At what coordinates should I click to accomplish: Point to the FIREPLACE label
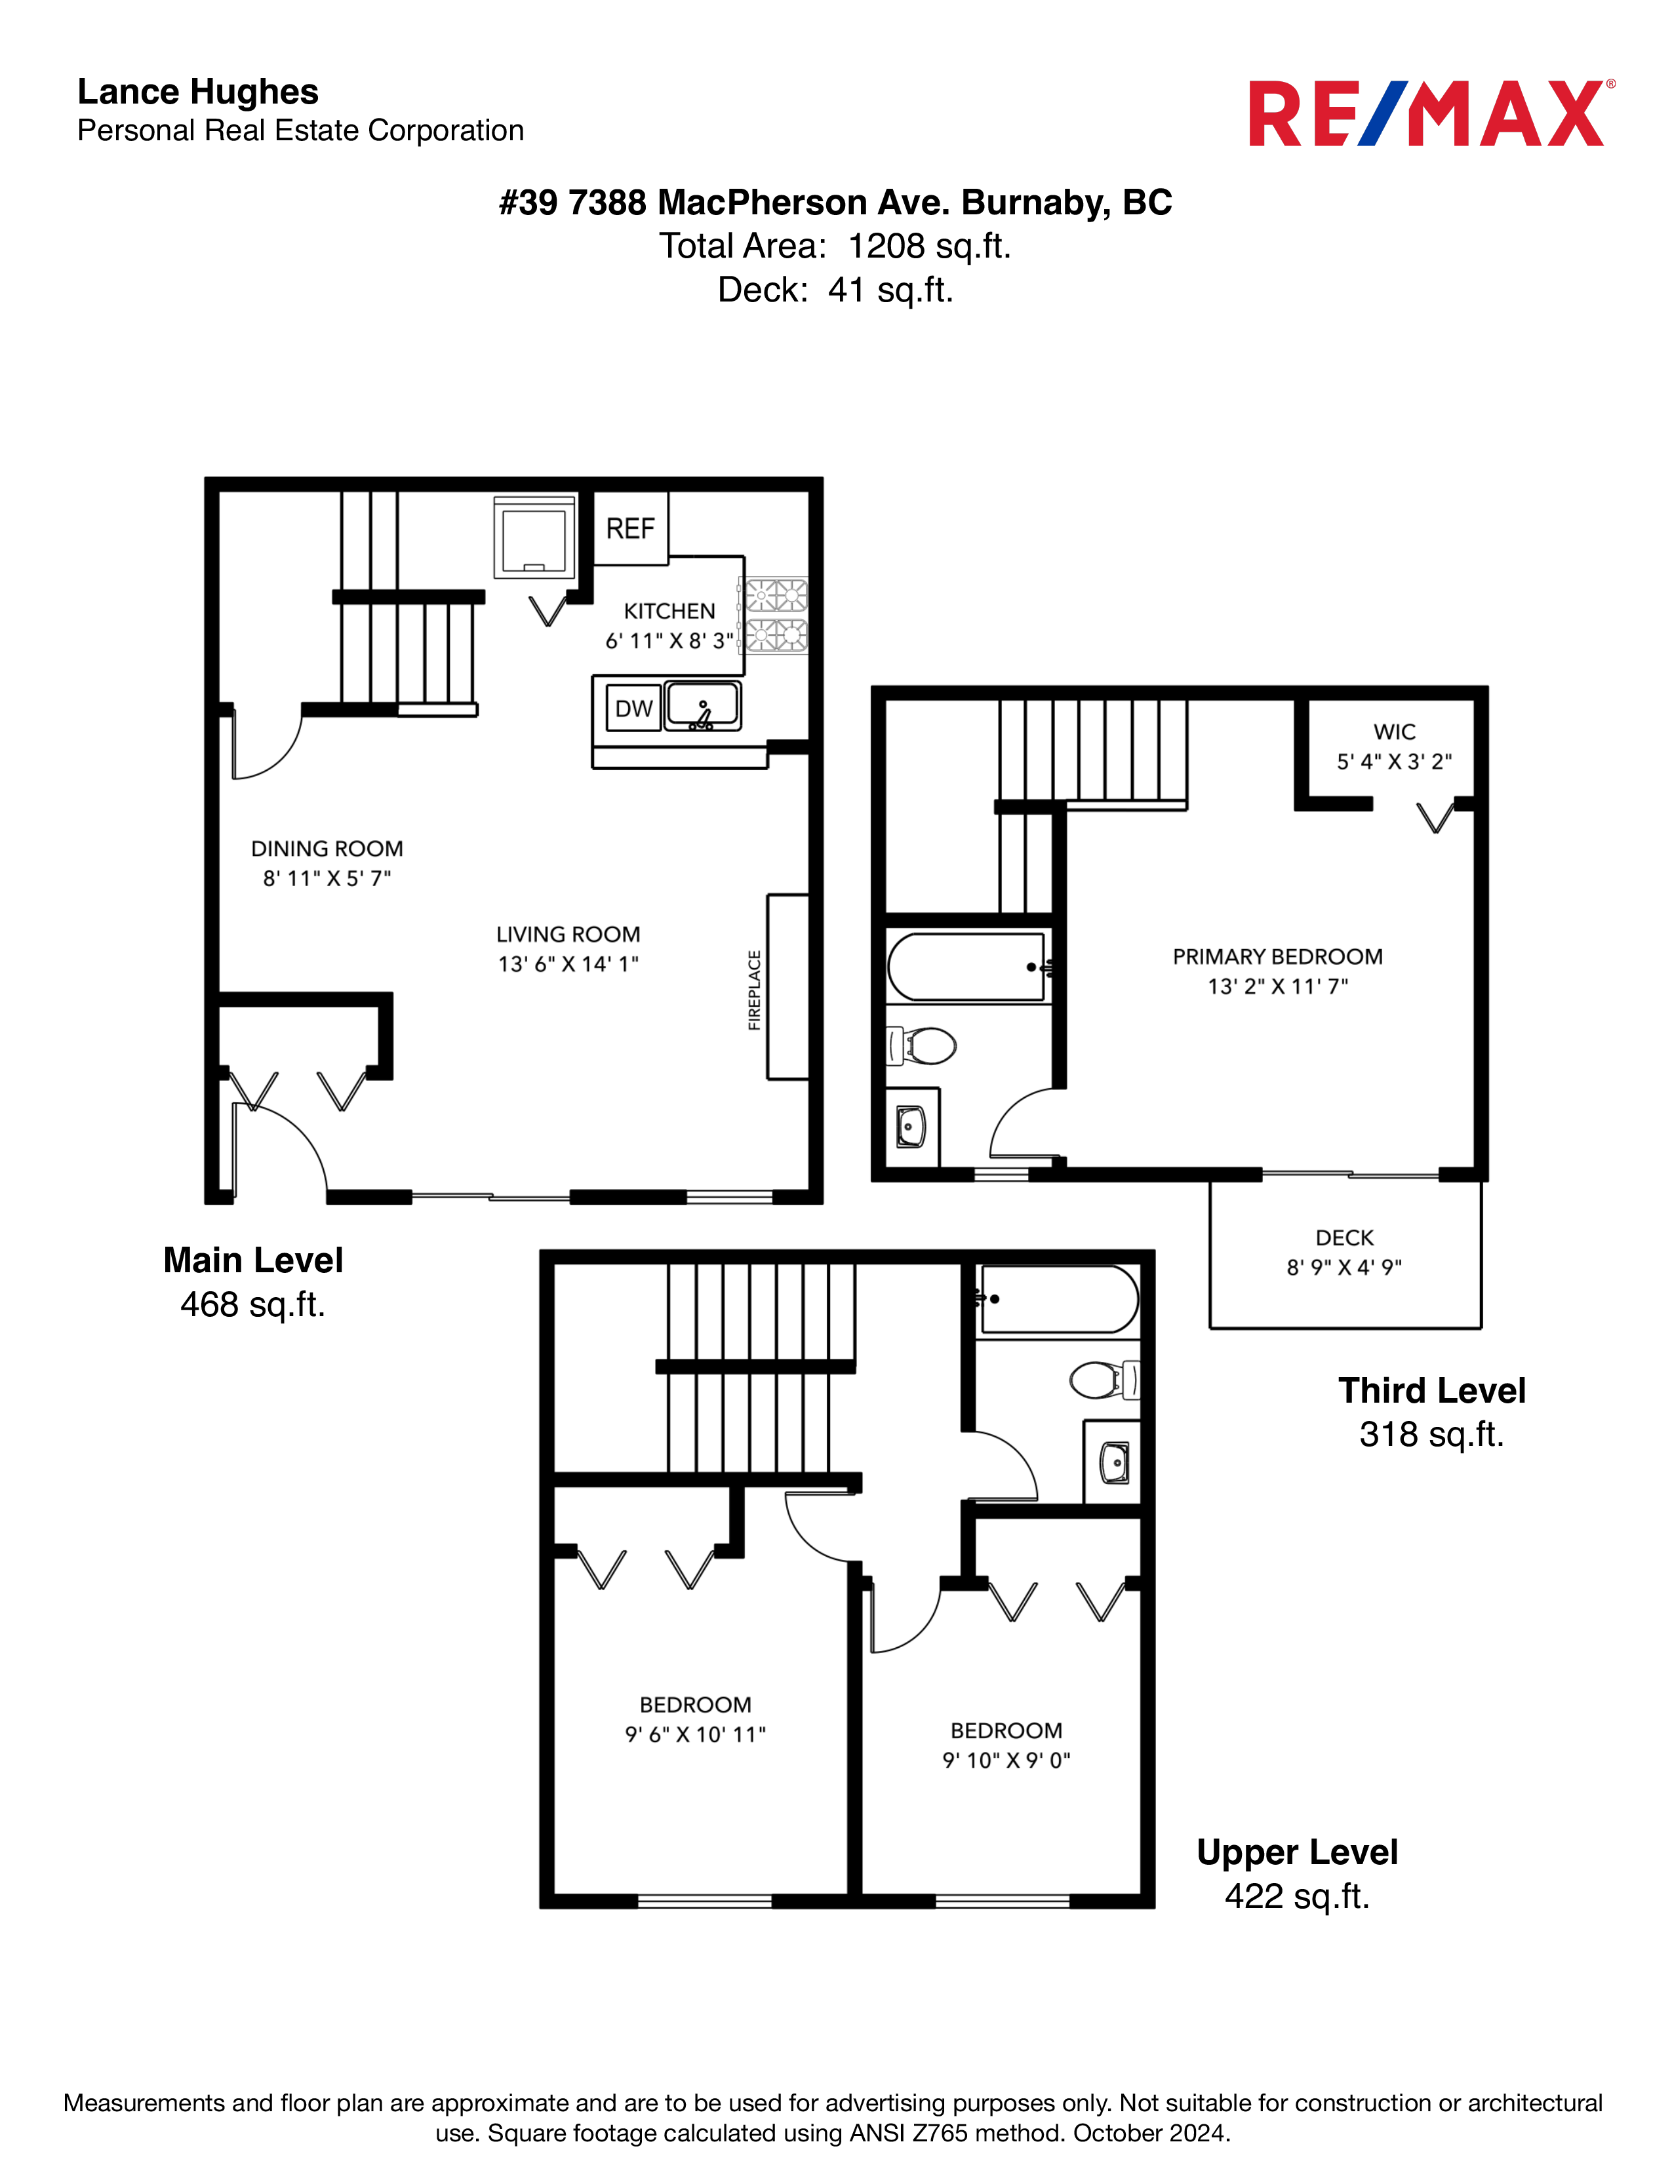[x=755, y=990]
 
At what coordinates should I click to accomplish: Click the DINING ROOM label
[x=327, y=849]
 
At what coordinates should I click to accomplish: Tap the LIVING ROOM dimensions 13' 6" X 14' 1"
[x=568, y=964]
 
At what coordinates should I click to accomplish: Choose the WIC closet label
[x=1395, y=732]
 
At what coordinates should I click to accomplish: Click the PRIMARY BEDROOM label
[x=1278, y=957]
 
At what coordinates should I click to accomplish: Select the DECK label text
[x=1344, y=1238]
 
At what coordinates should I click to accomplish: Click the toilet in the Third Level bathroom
[x=921, y=1045]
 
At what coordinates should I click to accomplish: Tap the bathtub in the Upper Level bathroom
[x=1058, y=1299]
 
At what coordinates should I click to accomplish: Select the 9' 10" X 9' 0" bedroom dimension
[x=1006, y=1760]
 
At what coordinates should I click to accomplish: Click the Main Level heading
[x=254, y=1260]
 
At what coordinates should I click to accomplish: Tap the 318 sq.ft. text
[x=1431, y=1434]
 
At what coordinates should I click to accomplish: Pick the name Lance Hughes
[x=198, y=92]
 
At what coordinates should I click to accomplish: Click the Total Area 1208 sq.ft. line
[x=835, y=246]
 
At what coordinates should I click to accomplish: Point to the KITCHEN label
[x=669, y=611]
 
